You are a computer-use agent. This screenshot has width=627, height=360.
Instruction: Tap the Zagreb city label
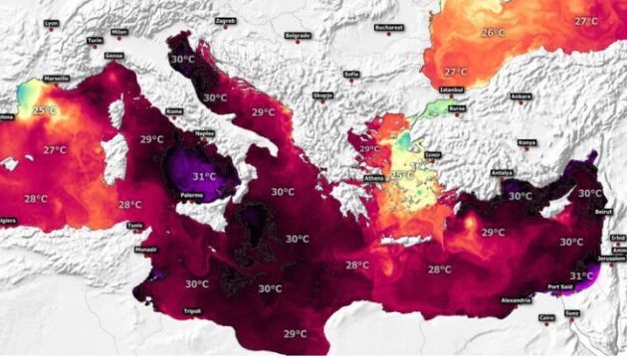[x=226, y=21]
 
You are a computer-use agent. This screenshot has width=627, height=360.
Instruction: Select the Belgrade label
[x=298, y=36]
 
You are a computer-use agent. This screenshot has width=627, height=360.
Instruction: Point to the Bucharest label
[x=387, y=29]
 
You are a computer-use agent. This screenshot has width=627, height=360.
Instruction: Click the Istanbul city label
[x=451, y=90]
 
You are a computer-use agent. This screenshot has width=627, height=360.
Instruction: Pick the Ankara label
[x=521, y=96]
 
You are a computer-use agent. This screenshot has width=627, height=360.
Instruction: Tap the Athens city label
[x=375, y=178]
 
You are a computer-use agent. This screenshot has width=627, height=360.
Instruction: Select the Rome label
[x=175, y=111]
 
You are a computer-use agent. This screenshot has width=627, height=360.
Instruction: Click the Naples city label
[x=206, y=131]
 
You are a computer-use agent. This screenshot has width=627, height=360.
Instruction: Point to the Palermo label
[x=192, y=196]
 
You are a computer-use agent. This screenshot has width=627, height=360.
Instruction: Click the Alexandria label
[x=515, y=299]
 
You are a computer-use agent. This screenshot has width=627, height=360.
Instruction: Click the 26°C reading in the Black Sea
[x=493, y=33]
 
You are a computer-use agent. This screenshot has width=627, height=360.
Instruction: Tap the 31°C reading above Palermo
[x=204, y=177]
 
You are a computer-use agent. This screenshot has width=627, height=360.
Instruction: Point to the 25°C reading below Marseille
[x=44, y=110]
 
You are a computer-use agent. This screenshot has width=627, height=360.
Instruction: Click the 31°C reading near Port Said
[x=580, y=275]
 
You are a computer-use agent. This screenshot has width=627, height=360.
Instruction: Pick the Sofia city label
[x=350, y=74]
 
